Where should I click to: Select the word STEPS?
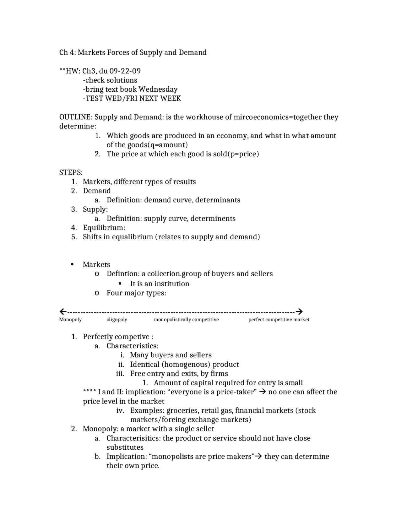[70, 172]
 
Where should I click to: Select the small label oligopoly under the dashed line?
[117, 320]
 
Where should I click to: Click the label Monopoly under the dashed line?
[70, 320]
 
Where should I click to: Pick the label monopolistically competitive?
[186, 320]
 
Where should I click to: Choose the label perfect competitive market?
[279, 320]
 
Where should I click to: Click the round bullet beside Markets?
[73, 264]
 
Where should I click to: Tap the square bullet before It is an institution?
[120, 284]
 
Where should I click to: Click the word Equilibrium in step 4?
[104, 228]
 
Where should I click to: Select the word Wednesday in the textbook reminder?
[158, 89]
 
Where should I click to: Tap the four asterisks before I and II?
[90, 392]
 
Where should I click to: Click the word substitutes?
[125, 447]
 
